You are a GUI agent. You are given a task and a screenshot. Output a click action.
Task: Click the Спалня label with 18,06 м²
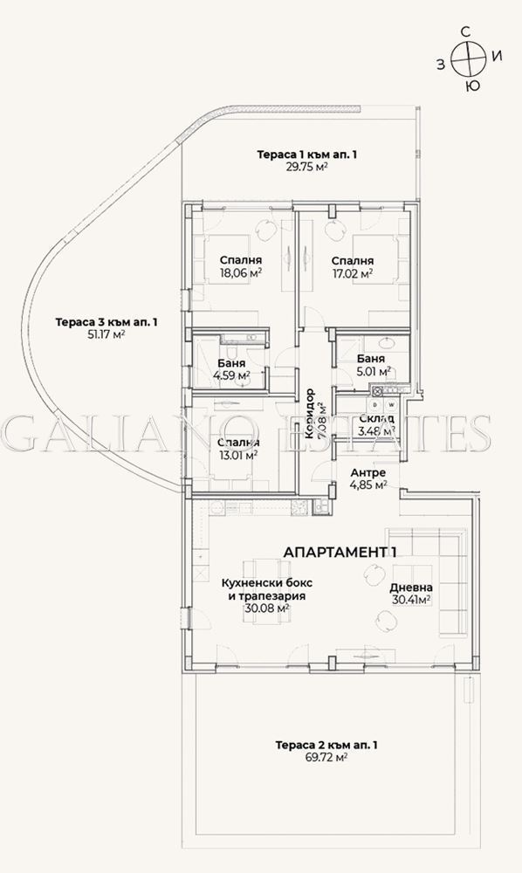point(241,261)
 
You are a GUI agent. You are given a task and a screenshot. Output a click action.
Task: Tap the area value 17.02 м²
point(352,272)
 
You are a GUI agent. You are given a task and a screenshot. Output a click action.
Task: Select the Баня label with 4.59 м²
point(229,363)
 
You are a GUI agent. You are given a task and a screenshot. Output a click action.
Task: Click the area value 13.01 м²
point(237,454)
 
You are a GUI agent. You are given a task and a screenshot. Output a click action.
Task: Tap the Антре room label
point(367,473)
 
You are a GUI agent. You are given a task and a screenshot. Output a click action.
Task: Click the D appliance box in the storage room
point(374,404)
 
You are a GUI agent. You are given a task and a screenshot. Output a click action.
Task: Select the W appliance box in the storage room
point(392,404)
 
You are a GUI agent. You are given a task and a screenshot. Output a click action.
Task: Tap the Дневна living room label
point(410,588)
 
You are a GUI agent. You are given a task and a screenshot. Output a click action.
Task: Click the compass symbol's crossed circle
point(470,60)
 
